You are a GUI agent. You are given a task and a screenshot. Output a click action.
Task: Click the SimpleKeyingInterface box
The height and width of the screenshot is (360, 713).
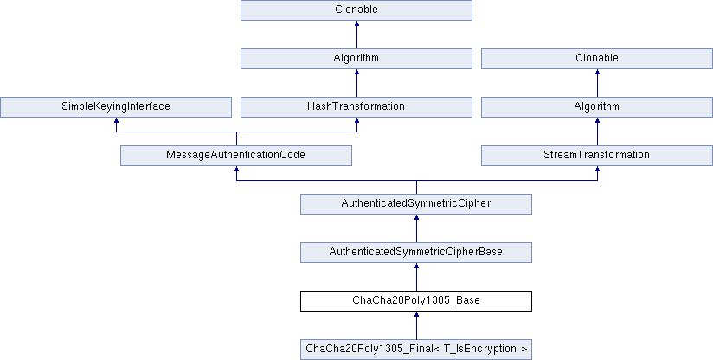(x=116, y=106)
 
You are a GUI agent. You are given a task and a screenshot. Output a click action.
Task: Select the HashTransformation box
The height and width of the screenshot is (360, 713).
(x=356, y=106)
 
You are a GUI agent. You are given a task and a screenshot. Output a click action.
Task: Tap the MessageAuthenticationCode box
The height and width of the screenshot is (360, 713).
(x=236, y=155)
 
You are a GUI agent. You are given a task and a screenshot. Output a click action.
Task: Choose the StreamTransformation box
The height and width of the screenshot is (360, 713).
(x=596, y=155)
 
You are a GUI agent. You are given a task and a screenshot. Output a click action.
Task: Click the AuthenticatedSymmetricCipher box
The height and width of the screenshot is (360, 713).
(x=415, y=203)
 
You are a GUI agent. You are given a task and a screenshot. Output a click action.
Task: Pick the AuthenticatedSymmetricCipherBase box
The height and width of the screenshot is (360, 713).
(x=415, y=252)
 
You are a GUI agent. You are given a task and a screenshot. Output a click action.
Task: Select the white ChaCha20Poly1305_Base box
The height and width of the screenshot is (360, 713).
(x=415, y=300)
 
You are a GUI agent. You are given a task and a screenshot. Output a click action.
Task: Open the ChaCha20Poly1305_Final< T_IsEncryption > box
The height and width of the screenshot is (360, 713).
(x=415, y=349)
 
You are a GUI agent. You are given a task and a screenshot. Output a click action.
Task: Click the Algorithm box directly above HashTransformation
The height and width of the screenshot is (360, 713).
(x=356, y=58)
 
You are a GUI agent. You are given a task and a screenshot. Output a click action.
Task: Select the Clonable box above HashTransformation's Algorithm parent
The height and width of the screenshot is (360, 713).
(x=356, y=10)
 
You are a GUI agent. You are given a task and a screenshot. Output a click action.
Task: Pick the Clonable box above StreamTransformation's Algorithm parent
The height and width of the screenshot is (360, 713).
(x=596, y=58)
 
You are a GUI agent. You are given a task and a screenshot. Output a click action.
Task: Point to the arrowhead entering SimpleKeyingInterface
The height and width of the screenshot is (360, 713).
(x=116, y=121)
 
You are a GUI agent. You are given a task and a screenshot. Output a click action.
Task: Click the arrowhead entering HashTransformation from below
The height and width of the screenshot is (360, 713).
(x=356, y=121)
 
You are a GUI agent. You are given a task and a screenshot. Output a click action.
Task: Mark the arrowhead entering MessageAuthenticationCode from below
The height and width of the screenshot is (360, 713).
(x=236, y=170)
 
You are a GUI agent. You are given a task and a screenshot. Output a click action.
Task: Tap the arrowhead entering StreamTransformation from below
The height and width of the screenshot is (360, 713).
(x=597, y=170)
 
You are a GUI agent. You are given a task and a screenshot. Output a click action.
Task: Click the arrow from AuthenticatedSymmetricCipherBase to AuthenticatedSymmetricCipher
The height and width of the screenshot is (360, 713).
(x=416, y=230)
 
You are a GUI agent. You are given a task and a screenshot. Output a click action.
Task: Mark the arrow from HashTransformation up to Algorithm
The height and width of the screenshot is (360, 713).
(x=356, y=84)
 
